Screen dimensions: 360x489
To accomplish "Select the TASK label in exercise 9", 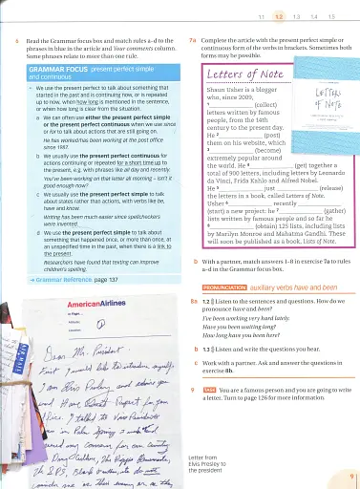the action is click(213, 390).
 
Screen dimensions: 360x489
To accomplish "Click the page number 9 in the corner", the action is click(351, 476).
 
